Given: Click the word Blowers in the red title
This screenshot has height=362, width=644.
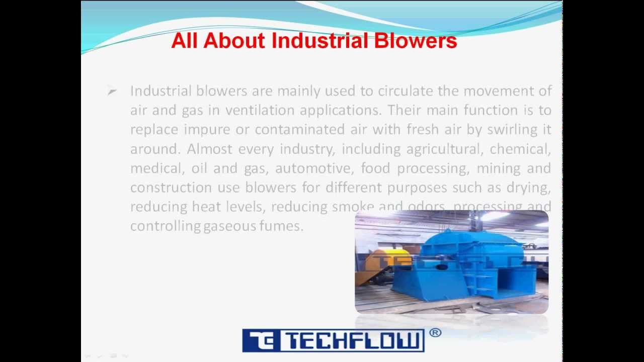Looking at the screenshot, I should click(x=415, y=41).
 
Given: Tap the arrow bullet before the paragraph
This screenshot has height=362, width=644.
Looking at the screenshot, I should click(x=112, y=92).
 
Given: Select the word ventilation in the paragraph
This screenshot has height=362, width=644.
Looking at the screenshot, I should click(x=260, y=111).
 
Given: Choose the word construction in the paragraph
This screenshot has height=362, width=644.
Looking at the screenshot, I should click(x=171, y=188).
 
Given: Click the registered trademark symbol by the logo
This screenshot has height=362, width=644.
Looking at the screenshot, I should click(x=436, y=333).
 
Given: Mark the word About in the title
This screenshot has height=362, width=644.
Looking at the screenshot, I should click(x=234, y=41).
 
